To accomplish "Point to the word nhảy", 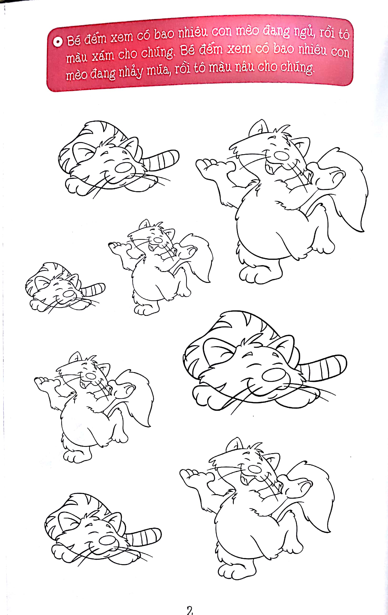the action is pos(131,72).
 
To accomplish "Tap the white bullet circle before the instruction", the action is pos(58,42).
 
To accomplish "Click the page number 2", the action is pos(189,610).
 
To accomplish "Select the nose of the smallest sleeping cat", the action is pos(69,294).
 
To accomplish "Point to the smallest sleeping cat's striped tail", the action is pos(93,289).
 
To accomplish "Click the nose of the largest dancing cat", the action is pos(281,155).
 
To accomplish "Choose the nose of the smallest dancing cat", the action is pos(158,240).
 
